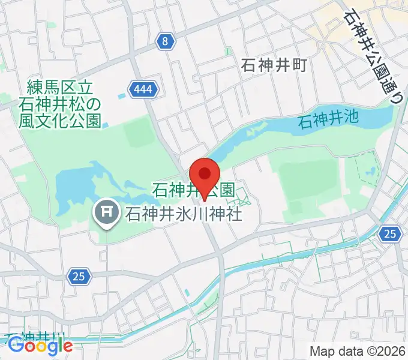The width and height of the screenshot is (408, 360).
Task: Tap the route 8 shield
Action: pyautogui.click(x=166, y=41)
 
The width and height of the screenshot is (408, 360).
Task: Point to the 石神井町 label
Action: pyautogui.click(x=274, y=65)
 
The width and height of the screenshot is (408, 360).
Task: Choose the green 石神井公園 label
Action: pyautogui.click(x=193, y=191)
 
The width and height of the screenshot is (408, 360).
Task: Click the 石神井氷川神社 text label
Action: pyautogui.click(x=183, y=213)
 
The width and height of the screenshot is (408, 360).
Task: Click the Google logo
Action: pyautogui.click(x=41, y=346)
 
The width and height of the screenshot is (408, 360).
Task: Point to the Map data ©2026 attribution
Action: pyautogui.click(x=356, y=351)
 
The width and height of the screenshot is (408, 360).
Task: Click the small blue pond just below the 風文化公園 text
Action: pyautogui.click(x=106, y=125)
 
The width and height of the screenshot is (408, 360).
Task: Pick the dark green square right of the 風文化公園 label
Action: pyautogui.click(x=139, y=129)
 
